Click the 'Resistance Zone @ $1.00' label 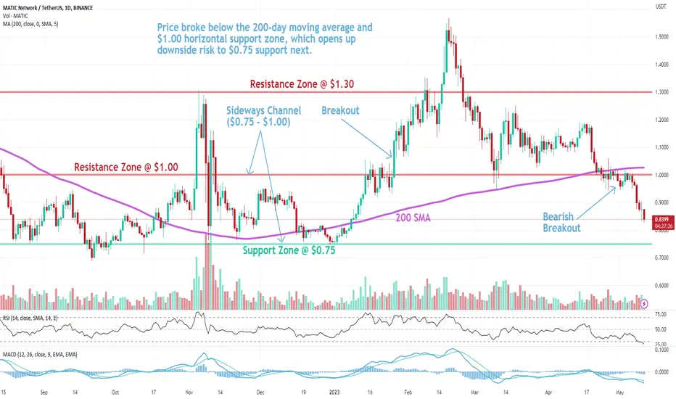tap(126, 168)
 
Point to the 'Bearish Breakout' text tap(564, 222)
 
